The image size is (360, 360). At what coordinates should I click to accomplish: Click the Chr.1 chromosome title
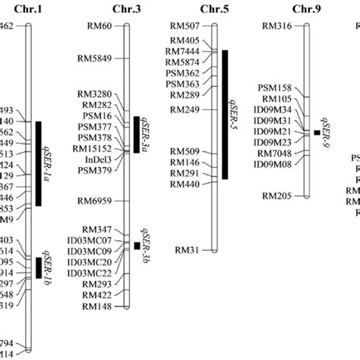[x=29, y=9]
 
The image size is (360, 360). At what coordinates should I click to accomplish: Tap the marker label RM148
[x=97, y=307]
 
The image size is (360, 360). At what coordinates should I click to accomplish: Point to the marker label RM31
[x=188, y=249]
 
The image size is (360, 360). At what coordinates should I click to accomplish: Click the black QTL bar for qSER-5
[x=225, y=114]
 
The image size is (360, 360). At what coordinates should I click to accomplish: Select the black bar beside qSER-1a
[x=38, y=163]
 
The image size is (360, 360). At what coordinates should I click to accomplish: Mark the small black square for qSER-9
[x=317, y=132]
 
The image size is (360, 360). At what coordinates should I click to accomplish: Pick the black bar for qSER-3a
[x=137, y=134]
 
